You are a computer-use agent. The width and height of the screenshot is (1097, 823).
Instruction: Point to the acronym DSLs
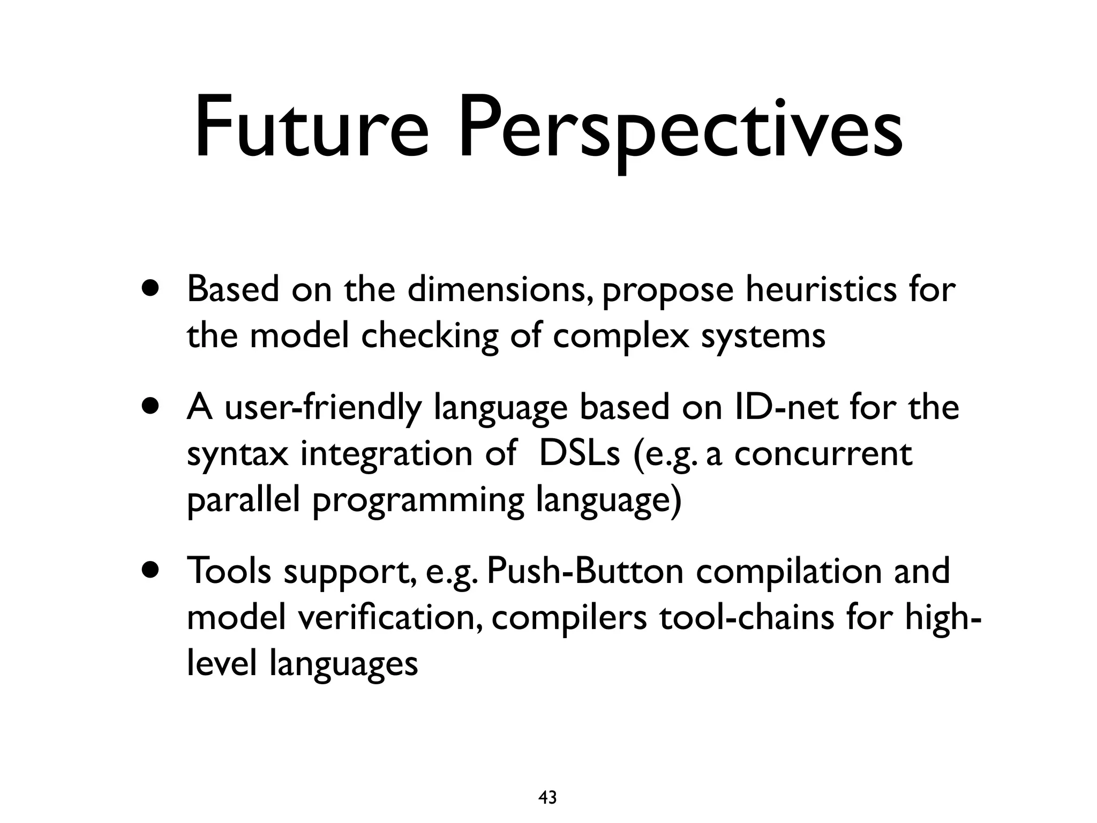(x=578, y=454)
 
